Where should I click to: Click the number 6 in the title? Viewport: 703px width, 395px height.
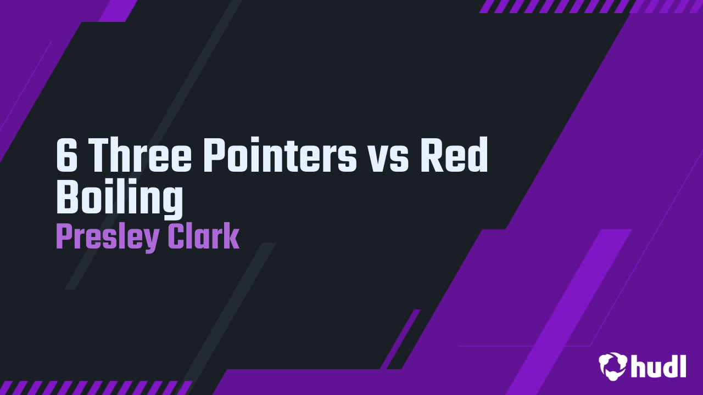pos(66,155)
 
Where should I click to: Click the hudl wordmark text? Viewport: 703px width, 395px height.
pos(659,366)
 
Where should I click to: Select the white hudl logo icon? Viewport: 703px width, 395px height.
pos(613,366)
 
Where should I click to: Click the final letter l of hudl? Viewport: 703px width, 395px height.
pos(682,365)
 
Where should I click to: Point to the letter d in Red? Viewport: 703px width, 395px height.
pos(477,155)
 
